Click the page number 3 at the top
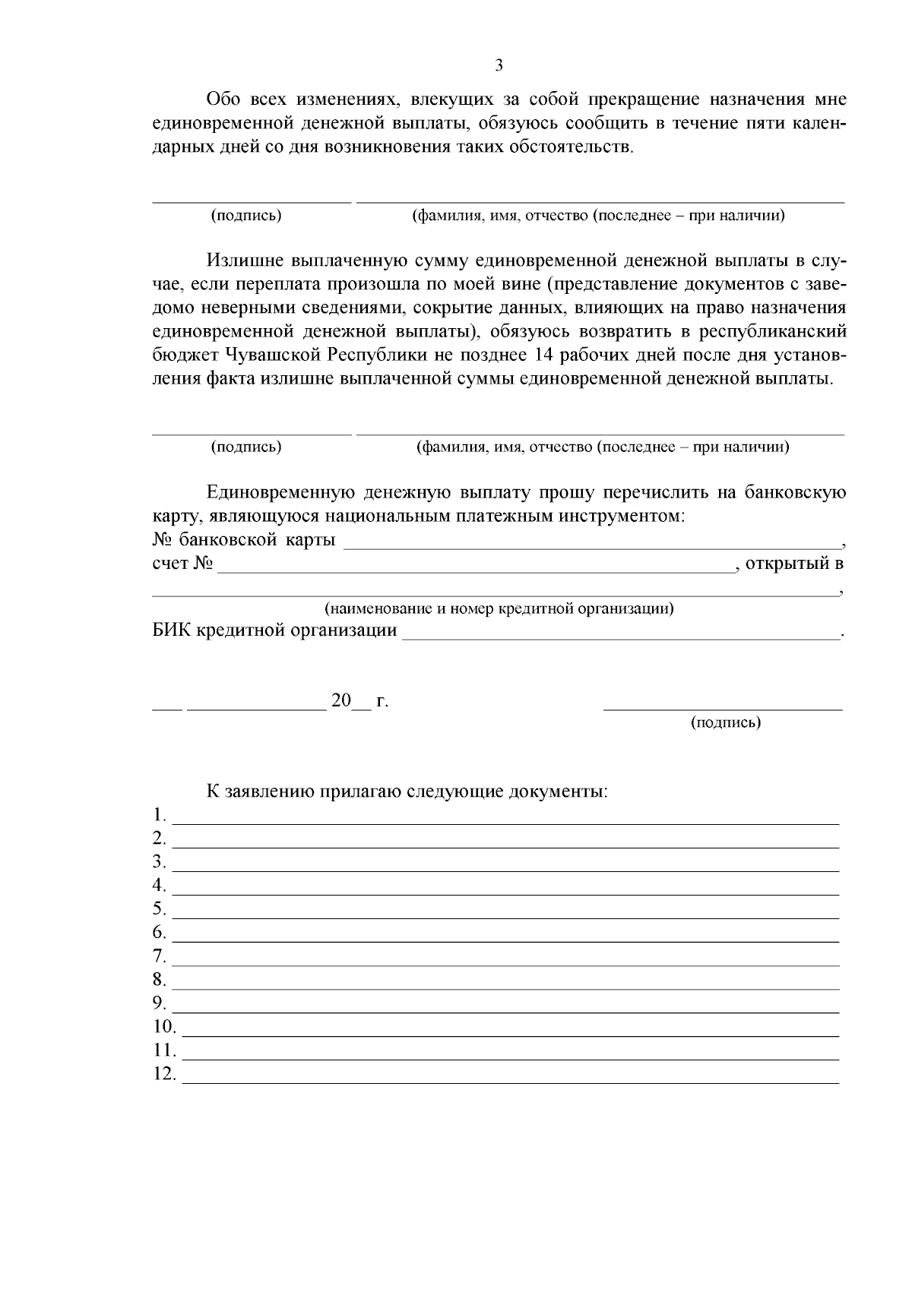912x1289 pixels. click(x=499, y=65)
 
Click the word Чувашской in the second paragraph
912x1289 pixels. click(x=275, y=355)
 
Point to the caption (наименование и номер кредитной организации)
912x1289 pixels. click(x=499, y=608)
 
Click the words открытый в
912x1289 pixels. click(x=794, y=564)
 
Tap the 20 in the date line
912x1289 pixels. click(x=340, y=700)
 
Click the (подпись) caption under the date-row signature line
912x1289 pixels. click(x=725, y=722)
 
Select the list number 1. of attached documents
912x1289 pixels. click(x=159, y=816)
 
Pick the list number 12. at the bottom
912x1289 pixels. click(x=164, y=1075)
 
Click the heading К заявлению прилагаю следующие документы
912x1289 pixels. click(x=407, y=791)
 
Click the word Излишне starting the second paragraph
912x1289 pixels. click(x=245, y=261)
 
